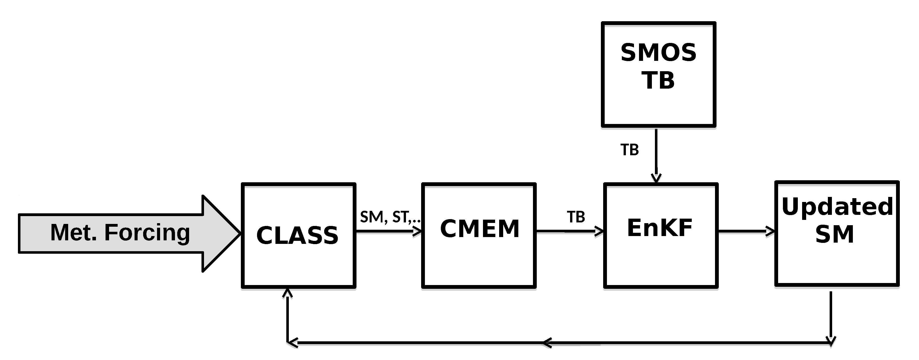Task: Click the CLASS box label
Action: [x=297, y=236]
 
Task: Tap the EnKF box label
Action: [x=660, y=228]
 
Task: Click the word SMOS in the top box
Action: [x=658, y=53]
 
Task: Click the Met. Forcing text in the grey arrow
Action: [x=120, y=232]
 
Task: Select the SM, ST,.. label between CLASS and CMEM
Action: [x=390, y=217]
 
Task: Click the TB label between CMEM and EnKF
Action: [x=576, y=217]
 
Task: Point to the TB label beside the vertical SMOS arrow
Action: [x=629, y=150]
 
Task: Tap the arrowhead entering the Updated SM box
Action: [x=771, y=232]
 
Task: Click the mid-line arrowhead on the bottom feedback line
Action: [x=547, y=343]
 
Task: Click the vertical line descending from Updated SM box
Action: [x=831, y=314]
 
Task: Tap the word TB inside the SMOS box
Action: [x=658, y=80]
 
